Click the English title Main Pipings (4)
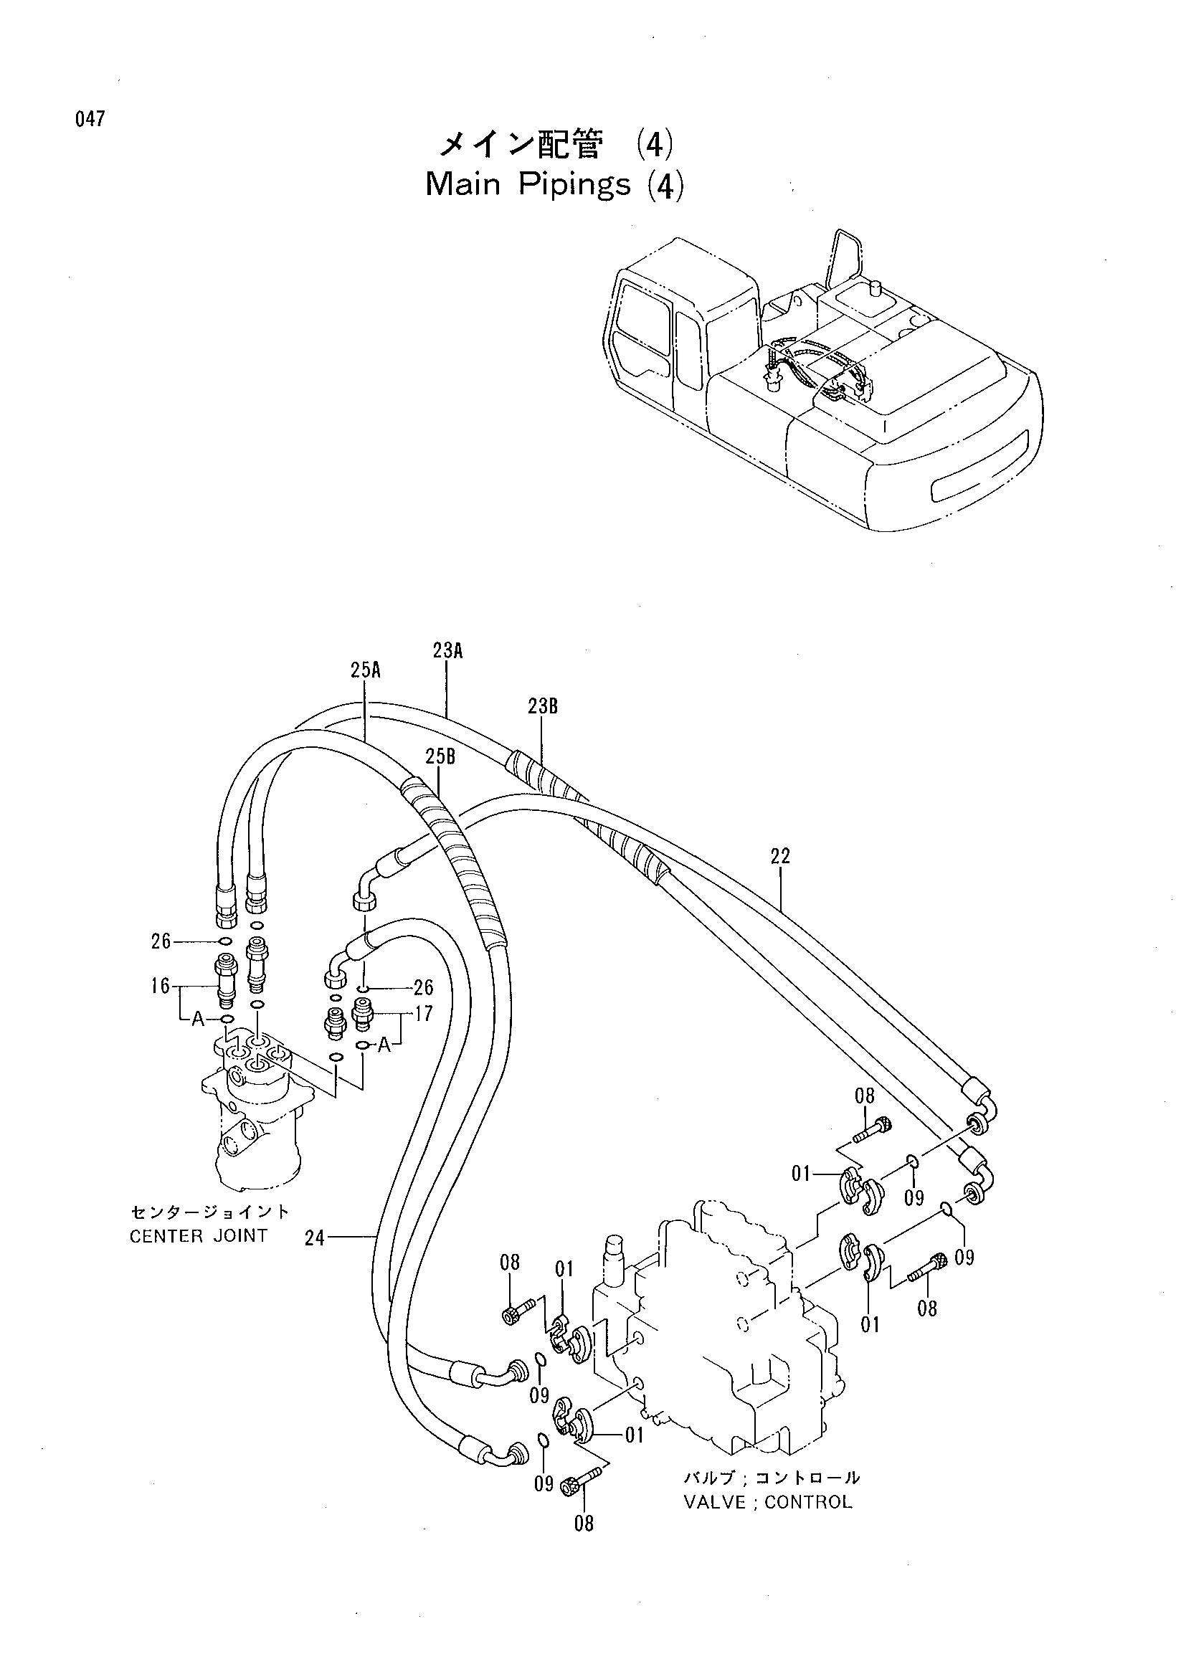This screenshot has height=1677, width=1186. (555, 186)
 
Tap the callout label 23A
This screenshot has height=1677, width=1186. (447, 651)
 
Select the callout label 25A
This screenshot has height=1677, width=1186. (366, 670)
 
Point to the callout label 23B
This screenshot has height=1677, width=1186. (543, 706)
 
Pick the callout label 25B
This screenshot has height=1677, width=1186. (440, 756)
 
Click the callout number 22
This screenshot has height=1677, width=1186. (780, 856)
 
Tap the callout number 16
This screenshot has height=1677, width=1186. (161, 987)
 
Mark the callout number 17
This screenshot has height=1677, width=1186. (424, 1014)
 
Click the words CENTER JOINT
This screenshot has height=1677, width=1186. (199, 1236)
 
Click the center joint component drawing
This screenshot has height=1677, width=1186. (255, 1110)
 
